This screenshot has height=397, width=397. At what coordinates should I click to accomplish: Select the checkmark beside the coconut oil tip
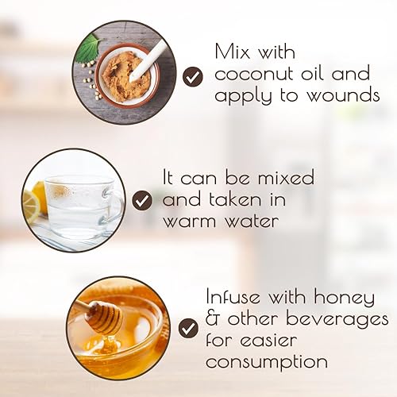[x=191, y=76]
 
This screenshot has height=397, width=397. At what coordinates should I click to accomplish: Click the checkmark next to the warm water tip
[x=142, y=200]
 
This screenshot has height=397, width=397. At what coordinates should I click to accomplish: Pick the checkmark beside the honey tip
[x=188, y=327]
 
